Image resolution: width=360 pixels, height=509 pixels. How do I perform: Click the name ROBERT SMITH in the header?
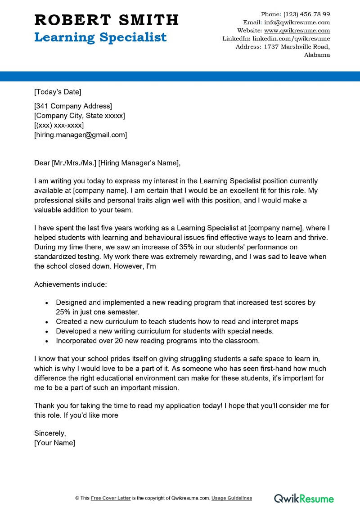coord(107,20)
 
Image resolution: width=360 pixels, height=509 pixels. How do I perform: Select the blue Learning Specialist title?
coord(100,37)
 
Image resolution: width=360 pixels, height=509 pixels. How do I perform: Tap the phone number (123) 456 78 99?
coord(306,14)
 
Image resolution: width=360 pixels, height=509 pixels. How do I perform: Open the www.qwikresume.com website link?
coord(297,31)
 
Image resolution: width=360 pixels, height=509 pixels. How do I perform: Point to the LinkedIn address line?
coord(276,39)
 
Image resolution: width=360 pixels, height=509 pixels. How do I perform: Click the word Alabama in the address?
coord(317,55)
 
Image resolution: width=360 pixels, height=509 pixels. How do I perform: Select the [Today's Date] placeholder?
coord(58,92)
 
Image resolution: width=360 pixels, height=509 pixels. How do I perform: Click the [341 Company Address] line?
coord(73,106)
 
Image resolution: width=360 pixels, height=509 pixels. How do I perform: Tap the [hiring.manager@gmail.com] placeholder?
coord(81,135)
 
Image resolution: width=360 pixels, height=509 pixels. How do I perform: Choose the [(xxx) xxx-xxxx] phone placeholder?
coord(59,125)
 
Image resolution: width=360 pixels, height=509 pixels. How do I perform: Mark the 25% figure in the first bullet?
coord(64,312)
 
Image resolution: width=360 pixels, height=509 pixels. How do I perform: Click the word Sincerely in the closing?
coord(50,433)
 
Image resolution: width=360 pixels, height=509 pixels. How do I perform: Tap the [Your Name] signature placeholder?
coord(54,443)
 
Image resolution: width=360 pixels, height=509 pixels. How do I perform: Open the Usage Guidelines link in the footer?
coord(232,498)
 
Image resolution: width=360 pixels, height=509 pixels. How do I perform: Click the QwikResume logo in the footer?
coord(304,498)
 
